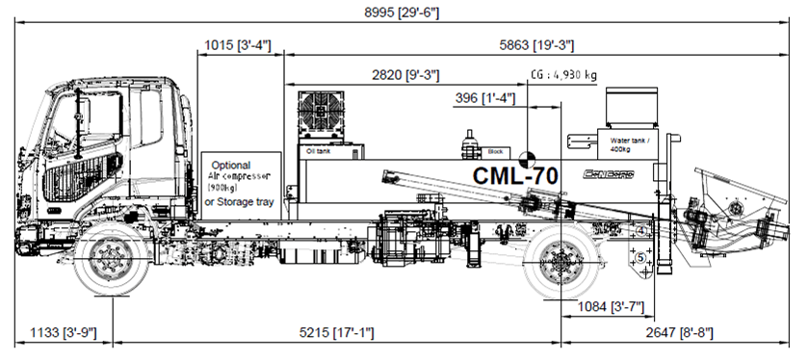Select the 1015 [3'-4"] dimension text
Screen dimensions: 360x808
tap(238, 44)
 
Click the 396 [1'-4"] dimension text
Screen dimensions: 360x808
tap(484, 98)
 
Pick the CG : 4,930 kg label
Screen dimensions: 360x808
tap(564, 75)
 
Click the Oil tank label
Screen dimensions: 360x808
tap(317, 152)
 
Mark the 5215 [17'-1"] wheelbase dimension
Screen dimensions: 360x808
tap(336, 332)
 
